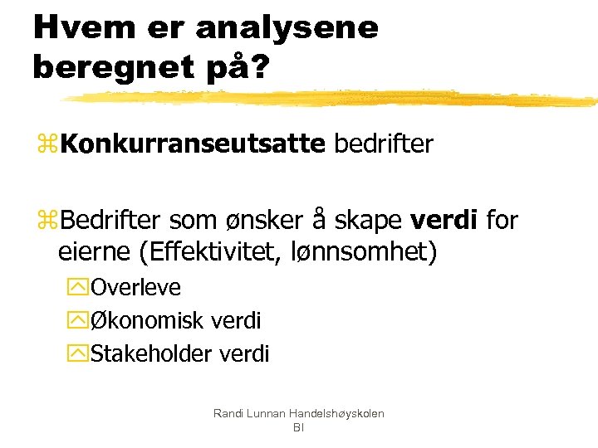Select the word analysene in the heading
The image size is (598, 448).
click(287, 27)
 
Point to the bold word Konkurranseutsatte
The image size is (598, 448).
click(192, 144)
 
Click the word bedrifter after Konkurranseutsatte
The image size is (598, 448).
click(383, 144)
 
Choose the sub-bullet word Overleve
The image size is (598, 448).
click(135, 287)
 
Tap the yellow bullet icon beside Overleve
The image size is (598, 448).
click(81, 288)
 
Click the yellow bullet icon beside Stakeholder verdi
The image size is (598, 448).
click(81, 354)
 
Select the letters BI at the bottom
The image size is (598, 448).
click(298, 427)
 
